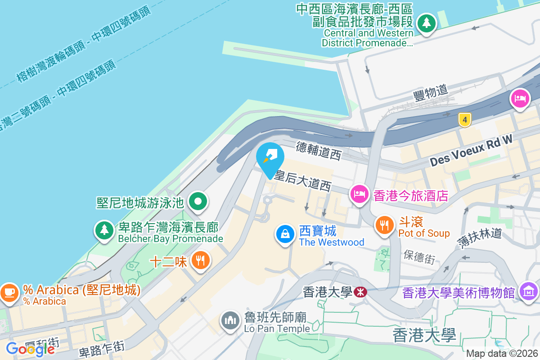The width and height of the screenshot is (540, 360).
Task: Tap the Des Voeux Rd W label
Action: click(471, 151)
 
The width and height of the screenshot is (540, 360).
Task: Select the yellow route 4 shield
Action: click(465, 120)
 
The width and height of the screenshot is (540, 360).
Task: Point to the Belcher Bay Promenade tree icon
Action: click(104, 230)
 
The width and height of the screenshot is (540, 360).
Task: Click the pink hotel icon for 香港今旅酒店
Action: click(359, 194)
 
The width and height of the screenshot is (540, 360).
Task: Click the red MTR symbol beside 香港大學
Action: click(360, 292)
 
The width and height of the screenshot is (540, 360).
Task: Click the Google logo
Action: click(30, 349)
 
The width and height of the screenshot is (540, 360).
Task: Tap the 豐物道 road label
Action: click(431, 92)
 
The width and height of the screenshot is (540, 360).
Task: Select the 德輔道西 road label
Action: click(319, 150)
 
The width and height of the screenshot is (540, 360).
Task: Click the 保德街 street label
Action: click(419, 257)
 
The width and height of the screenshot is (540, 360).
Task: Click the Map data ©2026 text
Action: click(501, 354)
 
